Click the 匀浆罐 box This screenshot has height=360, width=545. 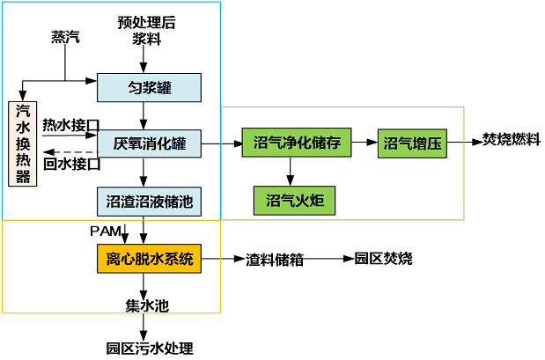[150, 86]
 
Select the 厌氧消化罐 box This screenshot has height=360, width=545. [150, 142]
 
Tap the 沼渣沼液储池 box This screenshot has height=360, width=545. [150, 202]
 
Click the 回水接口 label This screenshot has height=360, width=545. [71, 164]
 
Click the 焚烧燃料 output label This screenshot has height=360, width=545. [512, 141]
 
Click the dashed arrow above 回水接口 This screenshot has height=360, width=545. [67, 151]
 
